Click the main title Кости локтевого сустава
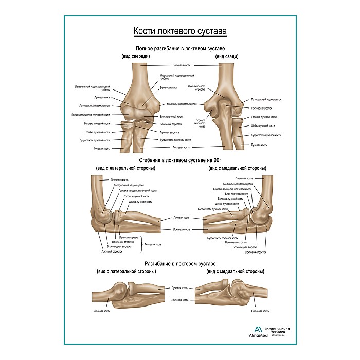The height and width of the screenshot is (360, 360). [x=180, y=32]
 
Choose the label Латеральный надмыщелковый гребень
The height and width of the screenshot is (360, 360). [x=92, y=88]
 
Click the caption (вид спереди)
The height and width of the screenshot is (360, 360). [x=135, y=56]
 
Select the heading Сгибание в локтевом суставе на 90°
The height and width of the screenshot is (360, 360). [x=180, y=160]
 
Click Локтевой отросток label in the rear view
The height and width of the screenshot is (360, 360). [x=261, y=108]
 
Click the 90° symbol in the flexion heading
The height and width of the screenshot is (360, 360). [x=224, y=160]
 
